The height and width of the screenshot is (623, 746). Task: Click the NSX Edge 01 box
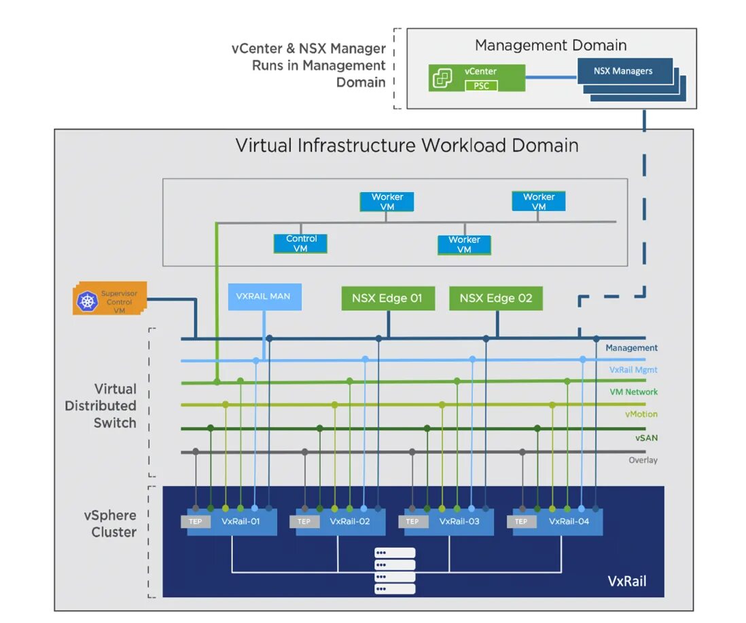[387, 298]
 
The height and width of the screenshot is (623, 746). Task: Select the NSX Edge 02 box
[496, 298]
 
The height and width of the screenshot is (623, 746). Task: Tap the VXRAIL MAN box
[263, 297]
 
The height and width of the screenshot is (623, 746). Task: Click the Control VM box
[301, 244]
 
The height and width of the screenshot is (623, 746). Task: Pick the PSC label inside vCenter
[481, 86]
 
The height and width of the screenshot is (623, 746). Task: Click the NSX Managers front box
[623, 71]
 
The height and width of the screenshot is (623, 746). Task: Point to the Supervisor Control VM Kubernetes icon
[88, 301]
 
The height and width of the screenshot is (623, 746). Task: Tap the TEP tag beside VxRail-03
[412, 521]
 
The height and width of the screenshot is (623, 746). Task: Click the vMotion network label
[641, 414]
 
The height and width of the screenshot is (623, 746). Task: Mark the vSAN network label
[646, 438]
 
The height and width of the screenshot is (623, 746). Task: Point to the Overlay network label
[643, 460]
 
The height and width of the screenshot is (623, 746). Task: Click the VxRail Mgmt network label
[633, 370]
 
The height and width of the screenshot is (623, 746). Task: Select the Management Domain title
[550, 45]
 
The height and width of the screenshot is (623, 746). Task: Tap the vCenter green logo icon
[443, 78]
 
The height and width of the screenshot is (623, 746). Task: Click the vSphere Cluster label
[113, 523]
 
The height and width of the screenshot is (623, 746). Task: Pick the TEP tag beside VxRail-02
[304, 521]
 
